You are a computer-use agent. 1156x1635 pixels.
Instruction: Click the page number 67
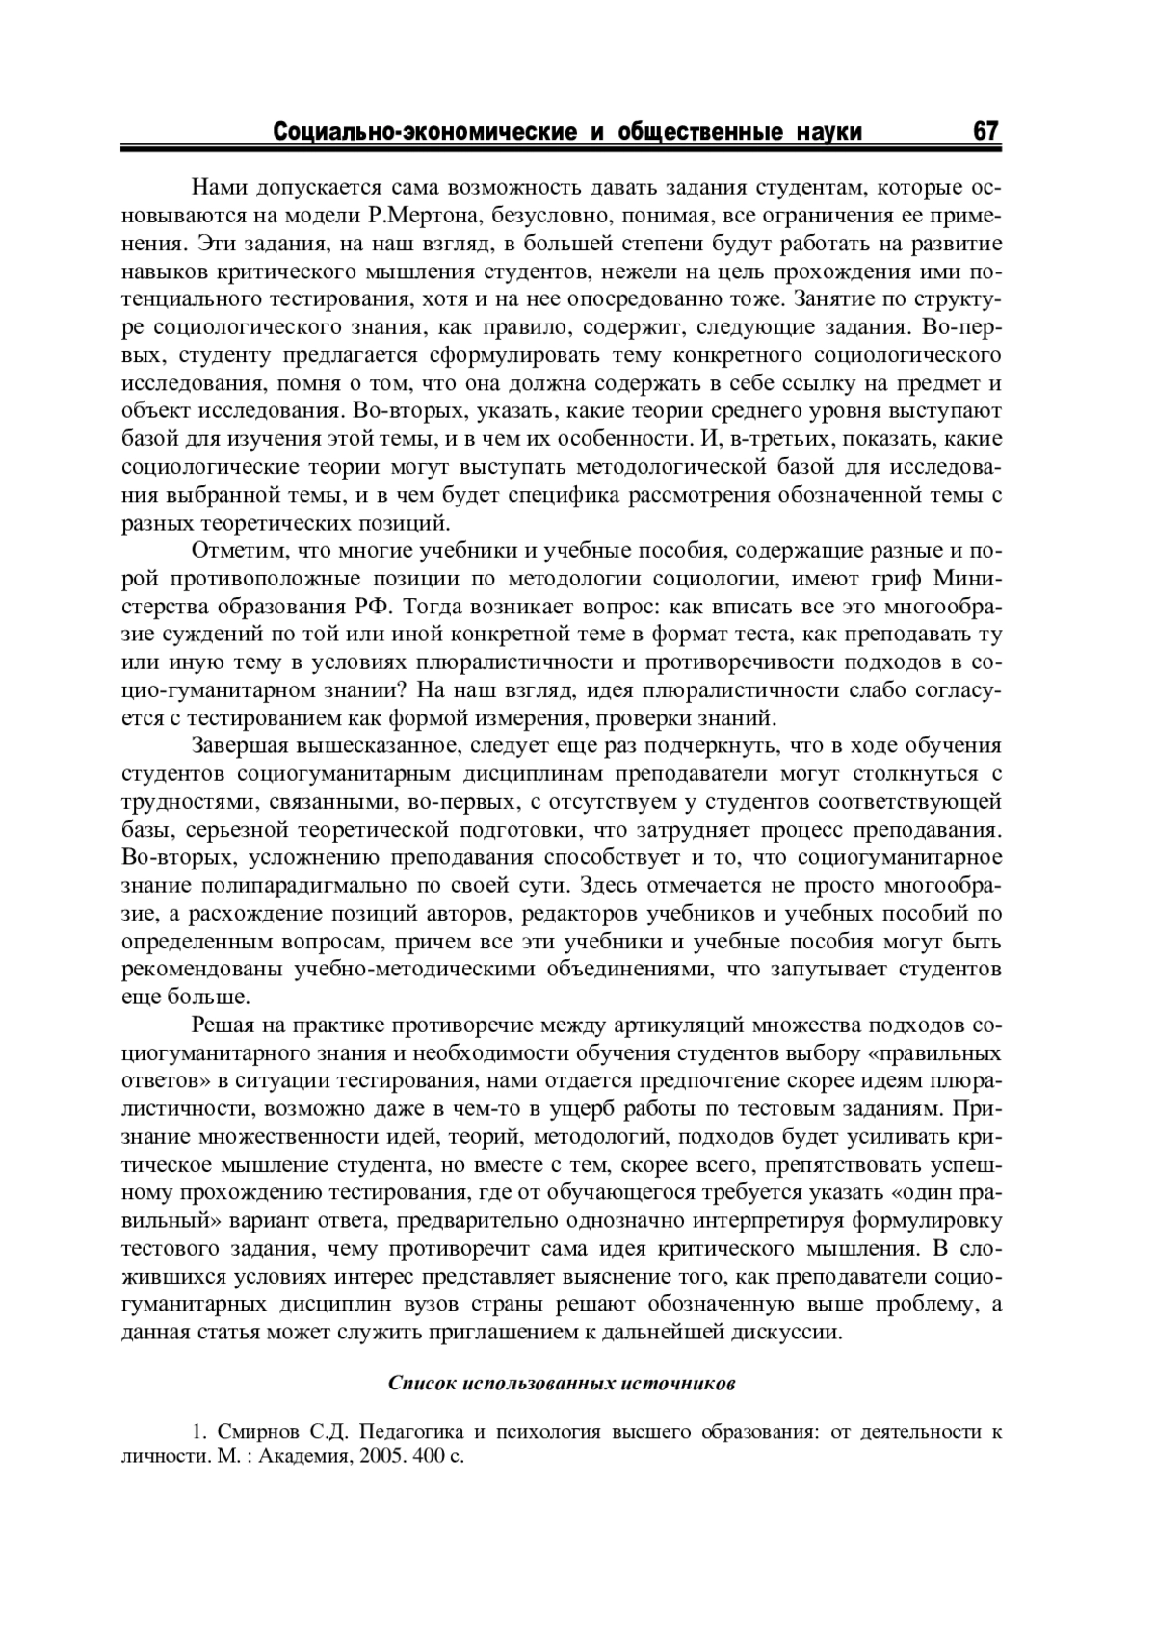coord(985,131)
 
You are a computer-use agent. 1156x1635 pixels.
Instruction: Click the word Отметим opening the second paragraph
coord(235,551)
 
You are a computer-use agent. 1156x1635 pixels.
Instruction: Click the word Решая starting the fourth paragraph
coord(223,1025)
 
